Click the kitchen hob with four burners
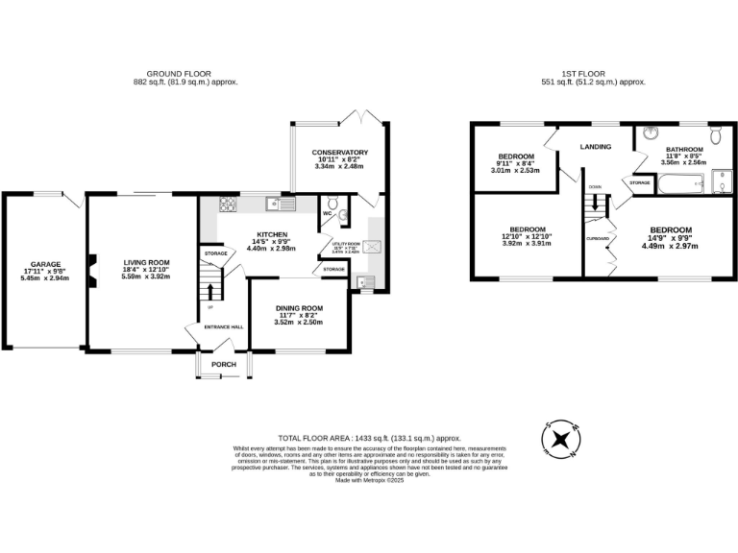230,204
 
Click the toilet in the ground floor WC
332,203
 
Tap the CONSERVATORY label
340,153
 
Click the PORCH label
224,364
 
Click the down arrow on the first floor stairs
596,203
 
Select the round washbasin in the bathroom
650,132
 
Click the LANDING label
596,147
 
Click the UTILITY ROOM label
348,244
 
